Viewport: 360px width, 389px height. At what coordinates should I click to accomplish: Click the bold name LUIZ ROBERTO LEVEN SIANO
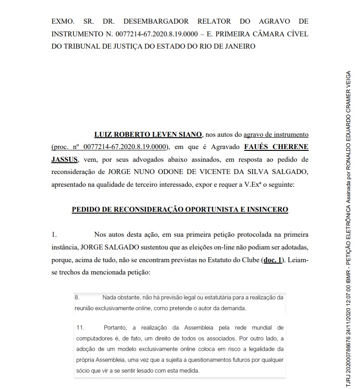[x=148, y=135]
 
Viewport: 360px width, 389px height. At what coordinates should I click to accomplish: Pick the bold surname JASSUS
[x=64, y=160]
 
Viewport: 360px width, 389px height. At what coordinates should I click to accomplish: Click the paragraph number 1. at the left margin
[x=54, y=234]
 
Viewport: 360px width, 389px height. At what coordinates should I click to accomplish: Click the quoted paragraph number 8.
[x=77, y=298]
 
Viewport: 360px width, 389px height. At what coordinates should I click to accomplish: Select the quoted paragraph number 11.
[x=80, y=328]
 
